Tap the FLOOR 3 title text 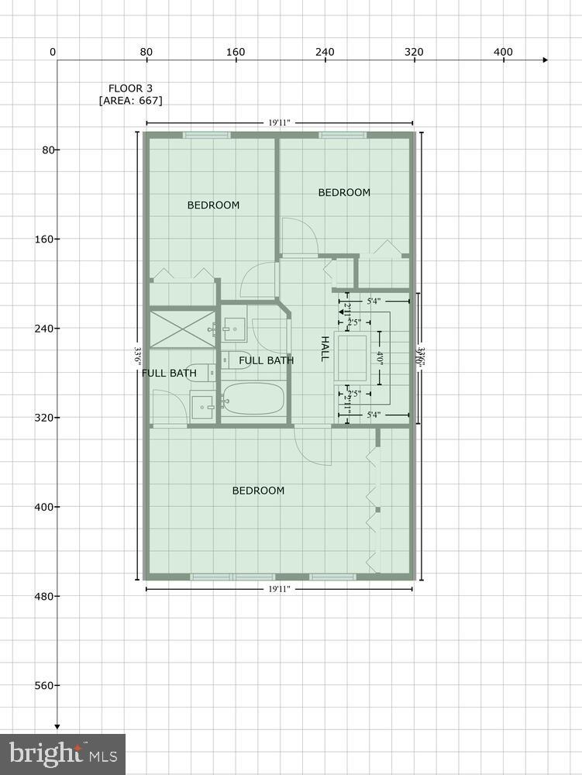pos(131,88)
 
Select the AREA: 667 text pos(131,101)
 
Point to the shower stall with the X pos(183,329)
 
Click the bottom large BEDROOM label pos(258,491)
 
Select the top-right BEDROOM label pos(344,192)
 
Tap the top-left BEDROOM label pos(213,205)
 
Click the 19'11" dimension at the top pos(280,122)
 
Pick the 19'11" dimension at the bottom pos(280,590)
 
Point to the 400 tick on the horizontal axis pos(504,52)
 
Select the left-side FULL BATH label pos(169,374)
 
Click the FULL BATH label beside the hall pos(266,360)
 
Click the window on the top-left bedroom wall pos(206,136)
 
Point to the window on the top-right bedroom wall pos(343,136)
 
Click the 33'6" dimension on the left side pos(138,356)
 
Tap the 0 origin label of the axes pos(52,52)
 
